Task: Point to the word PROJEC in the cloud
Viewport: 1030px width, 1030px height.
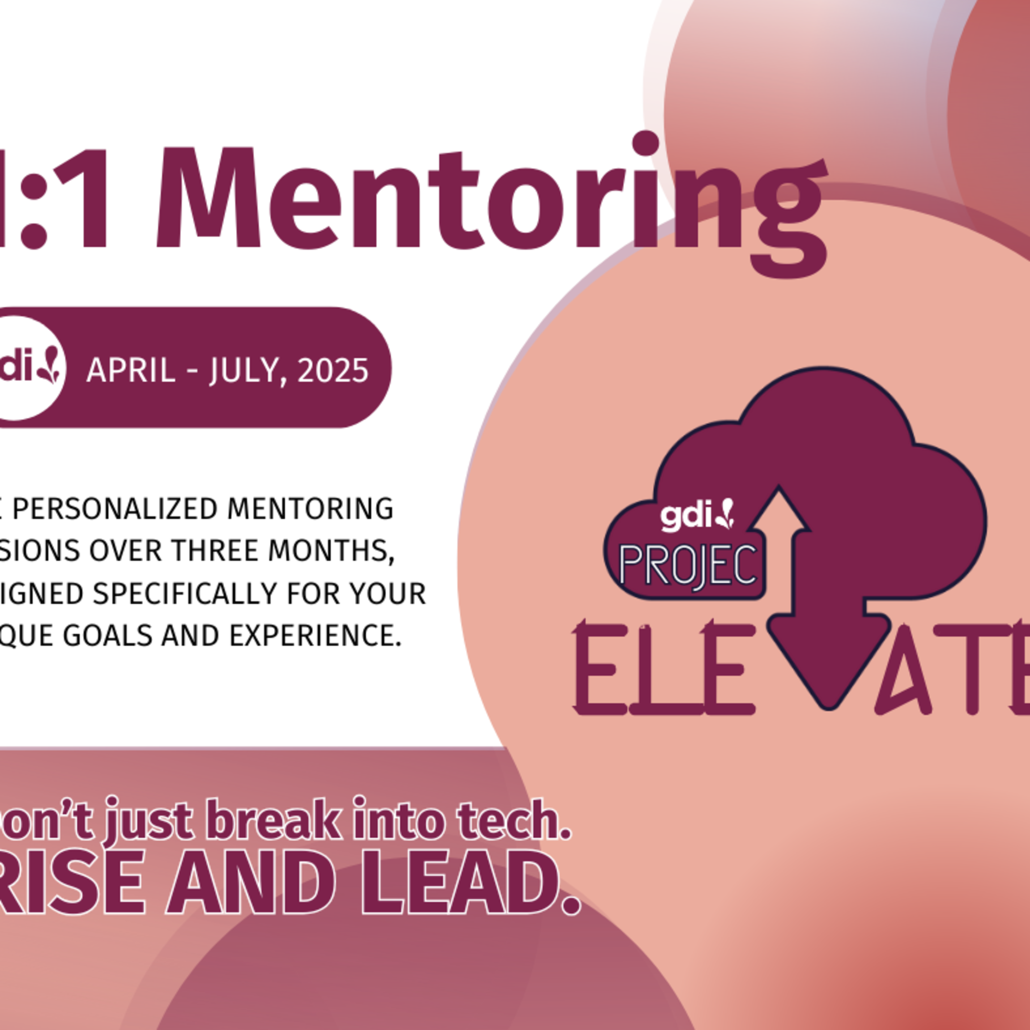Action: pyautogui.click(x=688, y=565)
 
